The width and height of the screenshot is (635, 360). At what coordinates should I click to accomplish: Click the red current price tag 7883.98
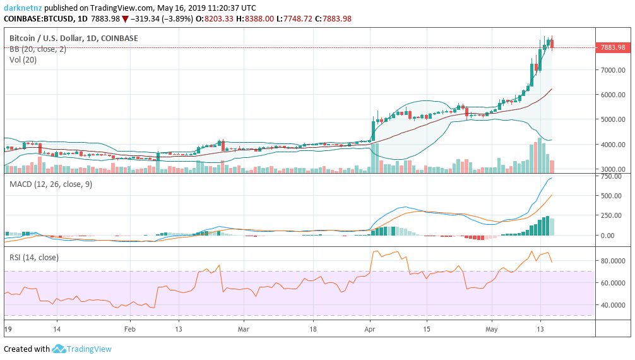pos(613,47)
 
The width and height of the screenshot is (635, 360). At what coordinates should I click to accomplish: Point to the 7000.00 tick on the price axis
pos(613,70)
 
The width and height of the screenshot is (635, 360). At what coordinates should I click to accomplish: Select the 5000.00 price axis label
pos(613,119)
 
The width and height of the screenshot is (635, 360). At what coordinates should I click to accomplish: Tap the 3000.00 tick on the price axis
pos(613,169)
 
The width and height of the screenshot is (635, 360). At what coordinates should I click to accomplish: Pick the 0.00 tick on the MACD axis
pos(608,236)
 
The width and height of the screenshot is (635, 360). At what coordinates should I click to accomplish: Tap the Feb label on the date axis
pos(129,329)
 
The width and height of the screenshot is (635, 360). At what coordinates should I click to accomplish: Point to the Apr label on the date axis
pos(370,329)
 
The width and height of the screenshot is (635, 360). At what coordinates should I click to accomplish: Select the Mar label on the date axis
pos(244,329)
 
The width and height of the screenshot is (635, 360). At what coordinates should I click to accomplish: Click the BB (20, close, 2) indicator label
pos(37,49)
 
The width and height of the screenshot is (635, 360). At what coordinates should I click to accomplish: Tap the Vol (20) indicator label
pos(23,60)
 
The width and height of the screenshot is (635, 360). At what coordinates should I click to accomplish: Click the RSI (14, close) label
pos(33,257)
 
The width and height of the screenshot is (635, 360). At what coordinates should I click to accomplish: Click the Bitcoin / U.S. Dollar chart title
pos(73,39)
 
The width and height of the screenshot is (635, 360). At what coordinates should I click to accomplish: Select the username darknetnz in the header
pos(23,8)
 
